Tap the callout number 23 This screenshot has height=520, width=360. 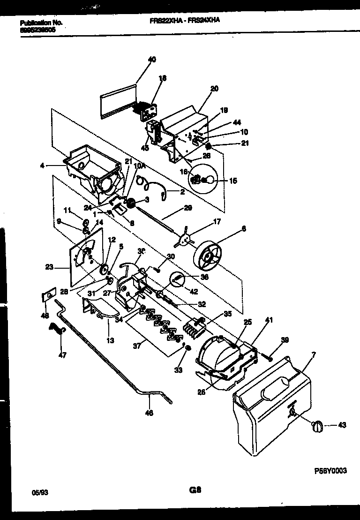(49, 268)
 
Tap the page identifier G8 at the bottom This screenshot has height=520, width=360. (195, 491)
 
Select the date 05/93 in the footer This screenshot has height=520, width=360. (40, 493)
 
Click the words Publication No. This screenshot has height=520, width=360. (42, 22)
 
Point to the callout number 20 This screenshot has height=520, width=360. (214, 88)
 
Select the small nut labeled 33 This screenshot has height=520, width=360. (187, 347)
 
